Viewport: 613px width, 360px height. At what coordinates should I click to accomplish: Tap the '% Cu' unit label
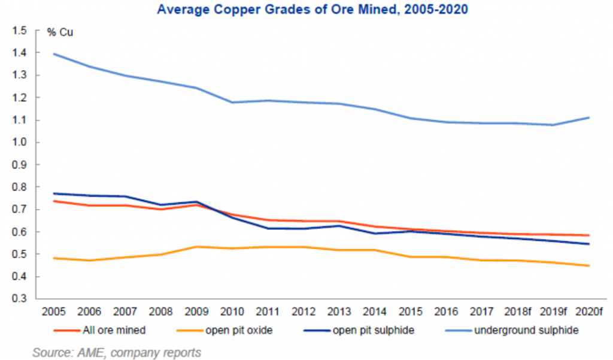point(60,32)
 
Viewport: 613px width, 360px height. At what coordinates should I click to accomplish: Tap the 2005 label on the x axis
point(54,312)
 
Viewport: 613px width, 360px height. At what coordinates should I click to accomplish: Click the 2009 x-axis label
point(197,312)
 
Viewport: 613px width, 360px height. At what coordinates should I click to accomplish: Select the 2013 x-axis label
point(339,312)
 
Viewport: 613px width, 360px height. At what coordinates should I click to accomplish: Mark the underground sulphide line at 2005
point(54,54)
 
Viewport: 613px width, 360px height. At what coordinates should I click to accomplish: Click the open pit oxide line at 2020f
point(590,265)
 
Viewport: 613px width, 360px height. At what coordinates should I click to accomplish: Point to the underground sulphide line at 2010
point(232,102)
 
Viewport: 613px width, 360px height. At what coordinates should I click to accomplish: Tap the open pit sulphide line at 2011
point(268,228)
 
